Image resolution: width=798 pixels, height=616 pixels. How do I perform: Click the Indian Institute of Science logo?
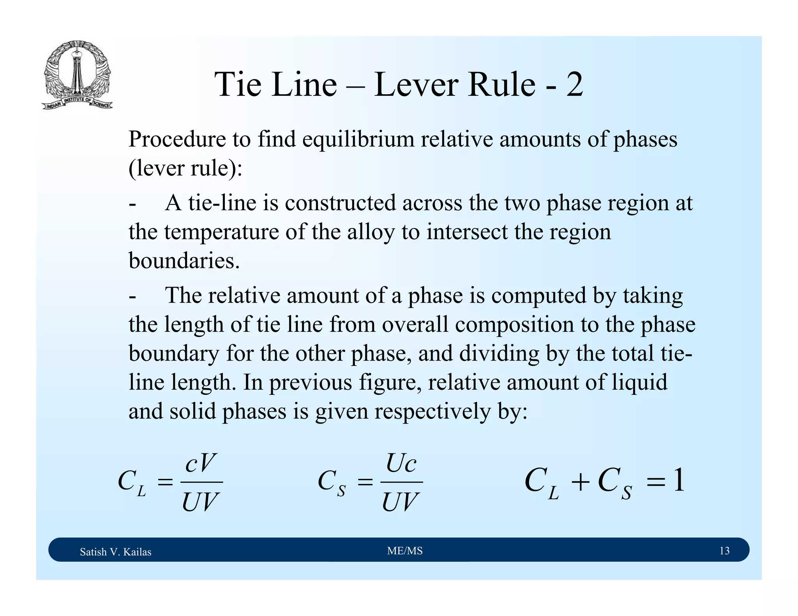pos(77,75)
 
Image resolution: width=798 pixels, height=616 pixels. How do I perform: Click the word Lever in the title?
pos(417,84)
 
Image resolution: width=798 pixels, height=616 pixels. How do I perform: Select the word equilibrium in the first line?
pos(358,139)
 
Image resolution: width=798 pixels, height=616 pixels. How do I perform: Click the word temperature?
pos(221,232)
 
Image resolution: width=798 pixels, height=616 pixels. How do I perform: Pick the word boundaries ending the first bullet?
pos(184,260)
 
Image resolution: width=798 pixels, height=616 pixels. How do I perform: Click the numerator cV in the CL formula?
pos(200,463)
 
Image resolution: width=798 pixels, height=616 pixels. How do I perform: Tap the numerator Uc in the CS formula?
pos(401,463)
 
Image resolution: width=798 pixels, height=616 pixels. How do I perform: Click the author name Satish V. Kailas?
pos(115,552)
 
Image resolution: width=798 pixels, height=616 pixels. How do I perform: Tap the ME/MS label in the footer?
pos(405,551)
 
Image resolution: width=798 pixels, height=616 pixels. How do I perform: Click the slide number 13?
pos(724,551)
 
